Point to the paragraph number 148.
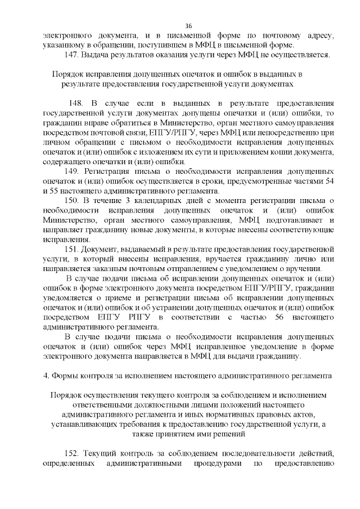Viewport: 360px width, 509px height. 76,104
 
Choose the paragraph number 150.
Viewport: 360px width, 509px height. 72,200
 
